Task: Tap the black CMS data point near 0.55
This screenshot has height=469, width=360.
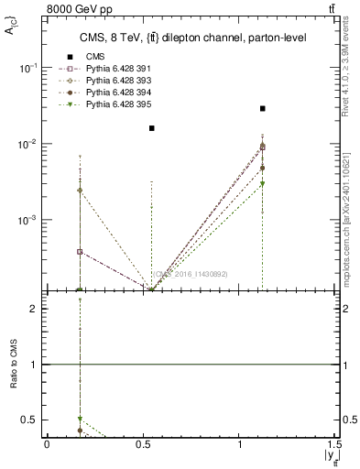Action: (x=152, y=128)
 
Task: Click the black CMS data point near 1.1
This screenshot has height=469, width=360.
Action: (x=263, y=108)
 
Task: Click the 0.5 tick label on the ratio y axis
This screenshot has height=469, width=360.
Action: (x=27, y=420)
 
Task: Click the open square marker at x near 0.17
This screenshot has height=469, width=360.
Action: (x=80, y=251)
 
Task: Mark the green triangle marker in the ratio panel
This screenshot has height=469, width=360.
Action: (x=80, y=419)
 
